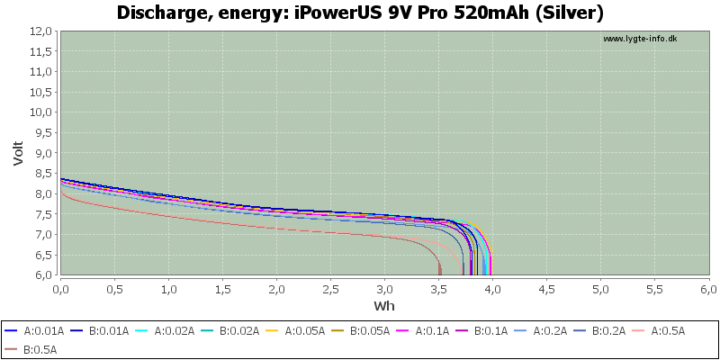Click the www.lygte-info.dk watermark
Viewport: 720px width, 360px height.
(x=640, y=39)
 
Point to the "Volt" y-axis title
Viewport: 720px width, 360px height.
(x=18, y=153)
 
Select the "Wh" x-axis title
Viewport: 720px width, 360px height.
(x=384, y=305)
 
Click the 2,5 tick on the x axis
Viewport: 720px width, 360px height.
(x=330, y=289)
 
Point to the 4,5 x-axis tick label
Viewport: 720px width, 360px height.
(x=546, y=289)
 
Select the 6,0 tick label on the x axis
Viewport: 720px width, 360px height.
(x=708, y=289)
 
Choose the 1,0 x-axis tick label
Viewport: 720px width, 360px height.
(x=168, y=289)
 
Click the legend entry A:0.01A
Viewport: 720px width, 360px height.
(x=34, y=330)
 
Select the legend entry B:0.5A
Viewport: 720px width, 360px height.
(x=31, y=350)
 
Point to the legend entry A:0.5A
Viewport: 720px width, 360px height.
(x=659, y=330)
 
